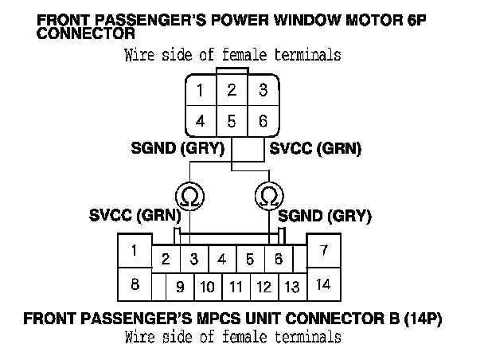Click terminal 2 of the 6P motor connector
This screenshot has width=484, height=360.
[232, 90]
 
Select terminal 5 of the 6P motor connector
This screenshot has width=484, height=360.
[232, 121]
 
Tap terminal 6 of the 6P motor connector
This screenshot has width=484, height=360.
[263, 121]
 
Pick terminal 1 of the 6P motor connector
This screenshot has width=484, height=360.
[201, 90]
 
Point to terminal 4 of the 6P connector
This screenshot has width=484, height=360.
[201, 121]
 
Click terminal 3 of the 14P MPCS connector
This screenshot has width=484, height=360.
[194, 259]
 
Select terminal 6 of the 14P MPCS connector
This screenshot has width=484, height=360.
[279, 259]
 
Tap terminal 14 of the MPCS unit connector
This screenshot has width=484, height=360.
[324, 284]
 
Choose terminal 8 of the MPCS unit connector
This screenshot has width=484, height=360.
[135, 284]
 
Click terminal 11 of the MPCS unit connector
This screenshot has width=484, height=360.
[236, 288]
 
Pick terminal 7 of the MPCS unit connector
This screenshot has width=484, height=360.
[324, 250]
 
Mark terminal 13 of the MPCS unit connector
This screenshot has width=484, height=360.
[292, 288]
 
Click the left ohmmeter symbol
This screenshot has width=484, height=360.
[189, 197]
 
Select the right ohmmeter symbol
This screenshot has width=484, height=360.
[269, 196]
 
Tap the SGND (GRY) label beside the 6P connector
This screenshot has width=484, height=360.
[178, 148]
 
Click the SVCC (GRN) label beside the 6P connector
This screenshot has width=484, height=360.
[315, 148]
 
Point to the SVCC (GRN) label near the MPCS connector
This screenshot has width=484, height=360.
[135, 215]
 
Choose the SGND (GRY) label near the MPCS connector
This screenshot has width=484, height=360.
[325, 216]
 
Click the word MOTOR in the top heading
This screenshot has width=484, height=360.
[374, 21]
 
